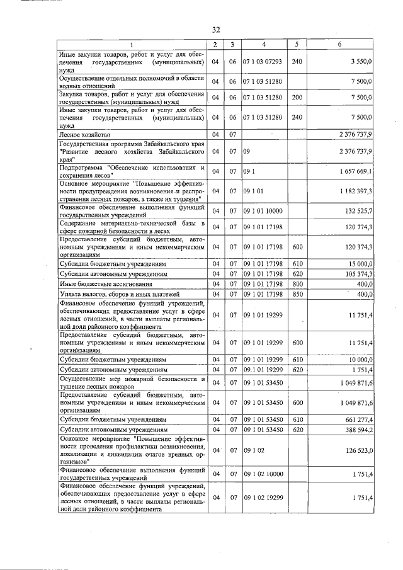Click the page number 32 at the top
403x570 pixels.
click(x=215, y=30)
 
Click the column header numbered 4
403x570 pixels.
click(x=264, y=44)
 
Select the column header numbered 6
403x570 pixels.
click(x=339, y=44)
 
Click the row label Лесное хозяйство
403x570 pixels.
click(x=85, y=135)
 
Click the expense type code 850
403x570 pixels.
click(x=297, y=295)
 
